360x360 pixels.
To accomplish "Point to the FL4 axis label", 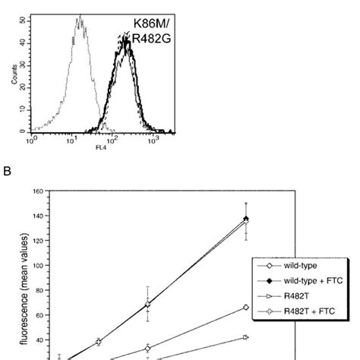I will pos(101,147).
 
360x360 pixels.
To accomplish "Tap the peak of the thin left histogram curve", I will pos(79,18).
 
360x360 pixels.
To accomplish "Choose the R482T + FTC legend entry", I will pos(298,310).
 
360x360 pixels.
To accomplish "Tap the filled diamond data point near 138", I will pos(245,219).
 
